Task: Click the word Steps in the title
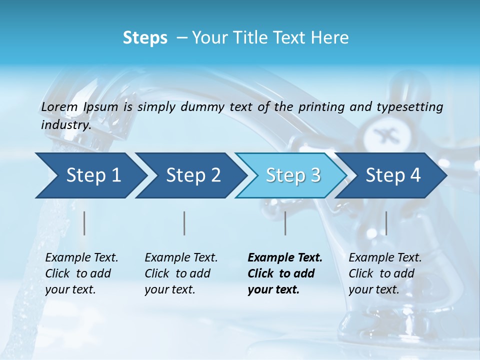point(145,38)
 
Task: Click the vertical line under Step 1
point(84,223)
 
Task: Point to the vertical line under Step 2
point(184,223)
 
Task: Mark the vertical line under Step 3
point(285,223)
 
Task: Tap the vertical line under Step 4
point(386,223)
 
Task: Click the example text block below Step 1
point(81,273)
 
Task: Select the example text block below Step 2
point(181,273)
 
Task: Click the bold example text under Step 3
point(285,273)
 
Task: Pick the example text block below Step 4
point(385,273)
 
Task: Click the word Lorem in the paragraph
point(59,107)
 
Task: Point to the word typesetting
point(414,107)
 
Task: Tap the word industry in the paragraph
point(66,125)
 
